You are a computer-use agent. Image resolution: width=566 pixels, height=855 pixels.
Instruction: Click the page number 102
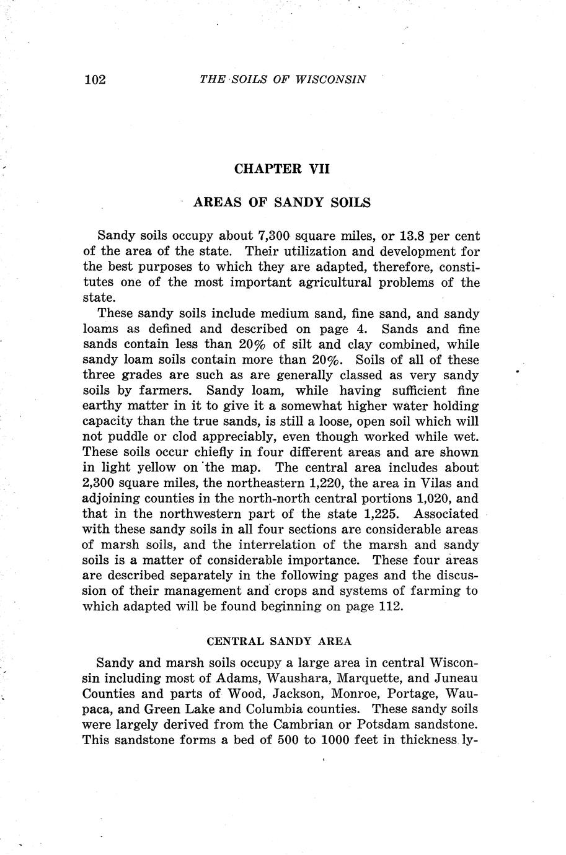point(94,79)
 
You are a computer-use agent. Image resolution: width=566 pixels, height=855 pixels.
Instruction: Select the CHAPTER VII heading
point(282,169)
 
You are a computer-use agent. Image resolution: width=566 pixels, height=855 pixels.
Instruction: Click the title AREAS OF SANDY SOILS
point(282,202)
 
